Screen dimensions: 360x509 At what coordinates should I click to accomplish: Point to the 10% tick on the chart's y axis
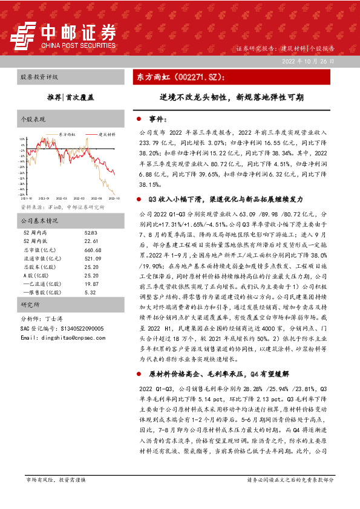(22, 138)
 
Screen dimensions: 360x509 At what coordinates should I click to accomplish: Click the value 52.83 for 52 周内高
(91, 233)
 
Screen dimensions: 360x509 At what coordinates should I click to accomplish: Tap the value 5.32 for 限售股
(90, 291)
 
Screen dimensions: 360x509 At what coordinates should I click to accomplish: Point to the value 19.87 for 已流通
(91, 283)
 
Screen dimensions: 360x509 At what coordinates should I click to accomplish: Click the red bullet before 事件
(139, 120)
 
